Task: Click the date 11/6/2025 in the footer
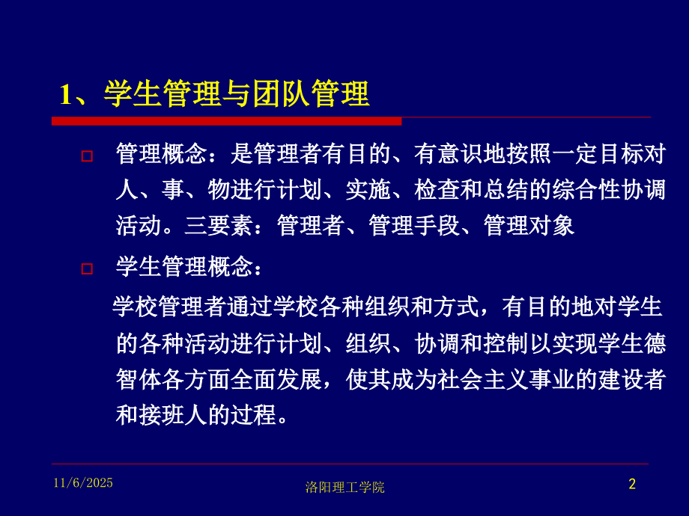click(x=83, y=483)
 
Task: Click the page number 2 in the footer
click(x=631, y=485)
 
